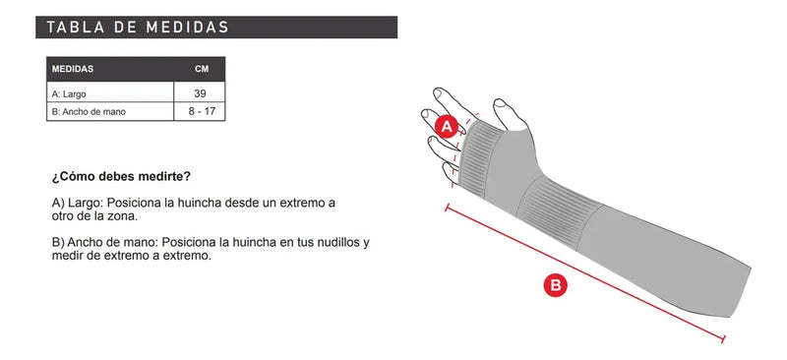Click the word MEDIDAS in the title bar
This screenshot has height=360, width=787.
187,28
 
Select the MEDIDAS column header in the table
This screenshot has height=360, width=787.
73,69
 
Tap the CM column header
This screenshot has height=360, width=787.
202,69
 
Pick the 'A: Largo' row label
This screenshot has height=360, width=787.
69,94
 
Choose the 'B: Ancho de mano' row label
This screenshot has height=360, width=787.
89,112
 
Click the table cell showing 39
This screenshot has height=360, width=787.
200,93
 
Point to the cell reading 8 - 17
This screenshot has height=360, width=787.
202,111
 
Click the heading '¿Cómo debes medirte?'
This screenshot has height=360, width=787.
121,177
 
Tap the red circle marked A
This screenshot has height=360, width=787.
447,127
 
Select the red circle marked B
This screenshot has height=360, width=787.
556,285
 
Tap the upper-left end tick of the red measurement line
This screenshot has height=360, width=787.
447,207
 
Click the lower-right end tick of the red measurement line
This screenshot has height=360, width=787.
723,339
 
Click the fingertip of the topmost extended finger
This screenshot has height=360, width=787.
438,93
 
